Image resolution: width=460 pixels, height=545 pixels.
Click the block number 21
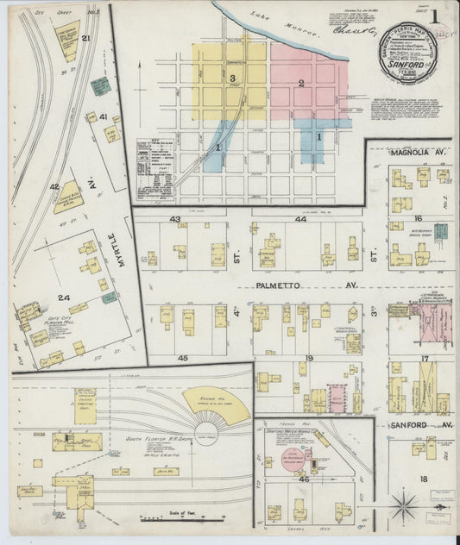point(85,39)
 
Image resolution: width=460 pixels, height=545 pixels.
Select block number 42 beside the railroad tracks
point(54,186)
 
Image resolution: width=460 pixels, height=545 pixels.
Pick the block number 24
point(63,298)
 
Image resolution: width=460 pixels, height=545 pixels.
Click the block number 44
point(300,220)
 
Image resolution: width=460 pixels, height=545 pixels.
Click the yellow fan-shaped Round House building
point(216,404)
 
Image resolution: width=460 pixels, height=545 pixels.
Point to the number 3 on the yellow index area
point(232,78)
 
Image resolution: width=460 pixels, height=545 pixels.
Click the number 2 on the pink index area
point(301,84)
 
